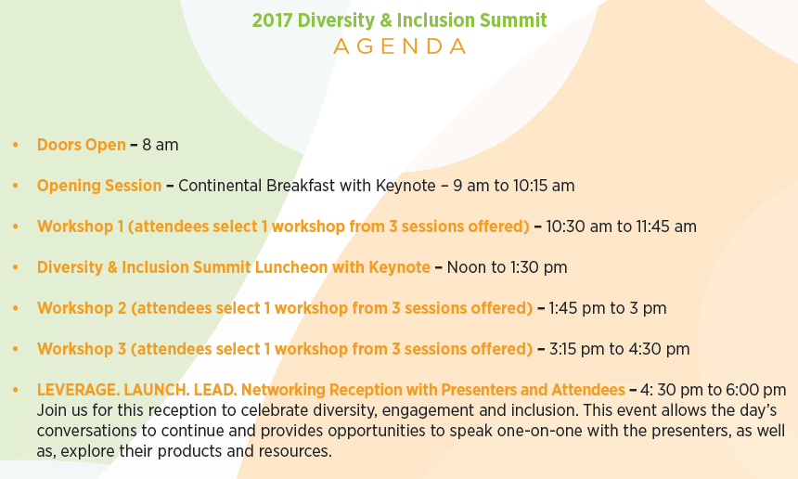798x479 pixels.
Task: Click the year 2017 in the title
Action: [272, 20]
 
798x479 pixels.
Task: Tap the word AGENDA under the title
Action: [400, 46]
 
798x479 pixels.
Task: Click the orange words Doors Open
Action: [82, 145]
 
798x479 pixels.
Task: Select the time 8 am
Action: [161, 145]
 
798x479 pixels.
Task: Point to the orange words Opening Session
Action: [99, 186]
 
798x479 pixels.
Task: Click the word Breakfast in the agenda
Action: [301, 186]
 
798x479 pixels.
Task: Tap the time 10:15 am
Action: [544, 186]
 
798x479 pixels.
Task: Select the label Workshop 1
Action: [81, 227]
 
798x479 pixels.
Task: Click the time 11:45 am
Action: [666, 227]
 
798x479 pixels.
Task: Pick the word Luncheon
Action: [291, 267]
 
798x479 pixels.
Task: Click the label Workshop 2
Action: [82, 308]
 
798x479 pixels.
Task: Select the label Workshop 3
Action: [82, 349]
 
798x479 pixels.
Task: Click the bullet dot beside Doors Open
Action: [15, 145]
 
